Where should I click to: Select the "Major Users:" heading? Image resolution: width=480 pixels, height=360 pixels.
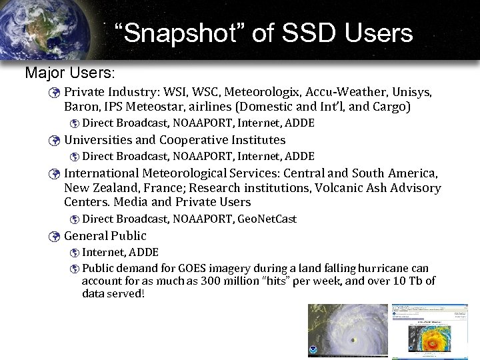(70, 71)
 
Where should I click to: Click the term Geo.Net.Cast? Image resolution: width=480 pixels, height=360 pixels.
(267, 219)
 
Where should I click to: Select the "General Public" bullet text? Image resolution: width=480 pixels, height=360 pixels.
(105, 236)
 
